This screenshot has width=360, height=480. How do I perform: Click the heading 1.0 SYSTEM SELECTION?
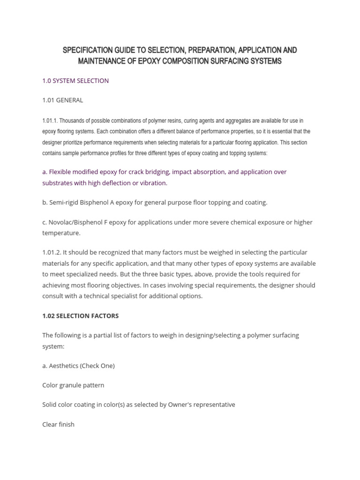click(75, 81)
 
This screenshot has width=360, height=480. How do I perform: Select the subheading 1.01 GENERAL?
click(62, 100)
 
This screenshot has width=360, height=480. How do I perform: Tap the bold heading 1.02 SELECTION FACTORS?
click(80, 316)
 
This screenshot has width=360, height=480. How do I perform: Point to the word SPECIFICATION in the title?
click(87, 50)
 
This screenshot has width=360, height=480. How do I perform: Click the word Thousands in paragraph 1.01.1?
click(72, 121)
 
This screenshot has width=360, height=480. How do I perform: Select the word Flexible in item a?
click(61, 172)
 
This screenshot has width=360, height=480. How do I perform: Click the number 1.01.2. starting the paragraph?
click(54, 253)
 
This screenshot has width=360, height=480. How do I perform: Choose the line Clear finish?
click(58, 424)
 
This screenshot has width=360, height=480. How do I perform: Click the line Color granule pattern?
click(73, 385)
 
